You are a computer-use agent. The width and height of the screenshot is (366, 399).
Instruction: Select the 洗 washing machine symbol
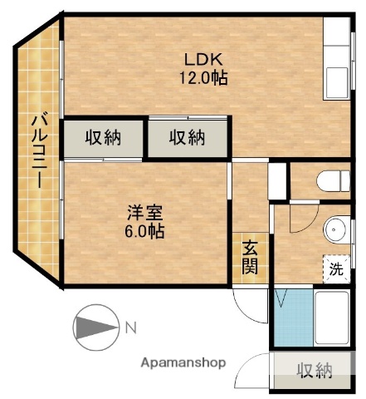335,268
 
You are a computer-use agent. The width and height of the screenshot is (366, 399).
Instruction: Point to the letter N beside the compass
130,327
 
